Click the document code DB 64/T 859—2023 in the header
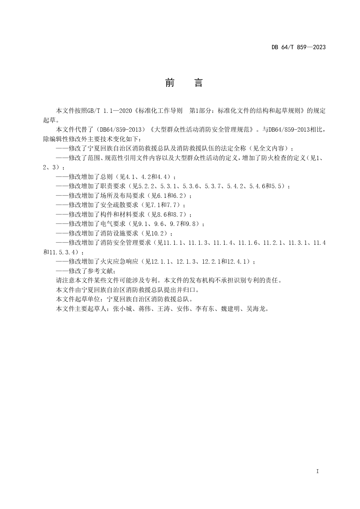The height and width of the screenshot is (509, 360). [x=299, y=47]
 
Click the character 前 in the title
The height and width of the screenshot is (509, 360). [x=170, y=83]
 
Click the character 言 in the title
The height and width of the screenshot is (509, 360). [x=198, y=83]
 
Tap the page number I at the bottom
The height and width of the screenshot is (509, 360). [x=317, y=471]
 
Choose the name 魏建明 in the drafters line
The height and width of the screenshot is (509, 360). [x=231, y=309]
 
